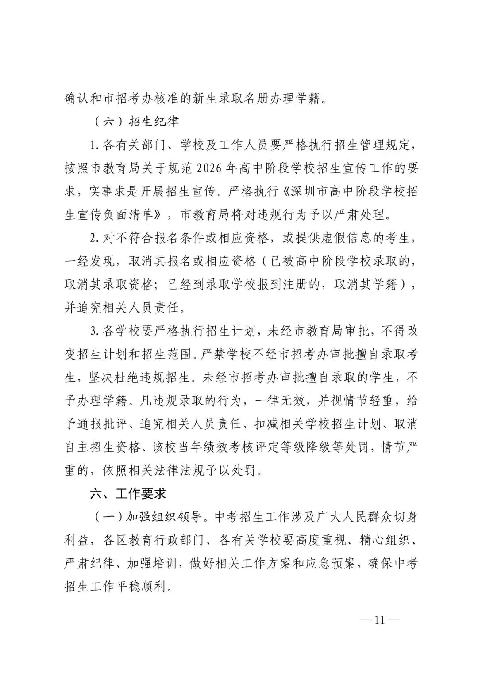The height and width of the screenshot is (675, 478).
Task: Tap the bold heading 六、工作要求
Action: pos(127,494)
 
